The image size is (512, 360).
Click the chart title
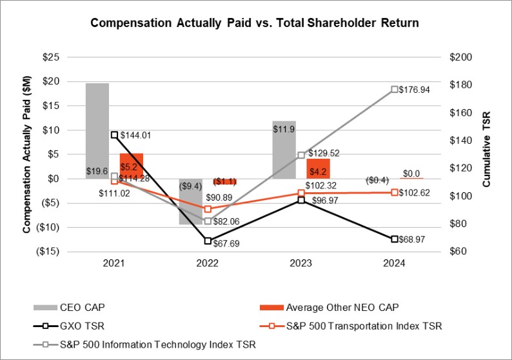click(x=255, y=23)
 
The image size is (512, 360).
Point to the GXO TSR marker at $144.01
click(x=114, y=135)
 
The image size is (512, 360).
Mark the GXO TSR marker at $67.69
click(x=208, y=241)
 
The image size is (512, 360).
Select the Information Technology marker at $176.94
click(x=394, y=90)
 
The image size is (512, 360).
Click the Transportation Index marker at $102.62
click(x=394, y=192)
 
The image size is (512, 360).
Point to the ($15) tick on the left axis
click(x=49, y=252)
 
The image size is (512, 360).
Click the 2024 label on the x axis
click(x=394, y=263)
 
